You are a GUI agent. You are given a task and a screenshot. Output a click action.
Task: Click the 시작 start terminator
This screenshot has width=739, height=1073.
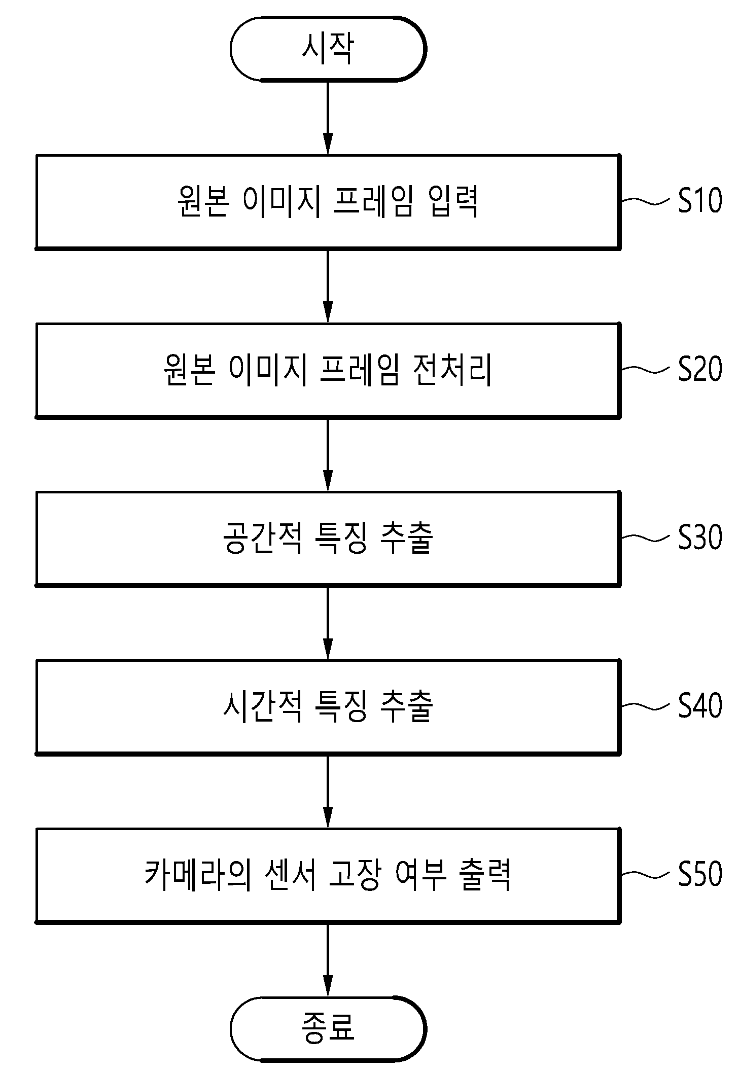tap(328, 49)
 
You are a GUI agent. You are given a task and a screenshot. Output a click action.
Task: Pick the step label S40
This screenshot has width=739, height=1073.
tap(700, 705)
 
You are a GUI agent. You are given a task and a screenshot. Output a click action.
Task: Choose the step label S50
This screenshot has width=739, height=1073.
tap(700, 874)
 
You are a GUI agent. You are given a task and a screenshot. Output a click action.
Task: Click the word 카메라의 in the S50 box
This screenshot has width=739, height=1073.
tap(198, 875)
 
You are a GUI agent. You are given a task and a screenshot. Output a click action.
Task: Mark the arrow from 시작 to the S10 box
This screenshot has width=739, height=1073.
tap(328, 117)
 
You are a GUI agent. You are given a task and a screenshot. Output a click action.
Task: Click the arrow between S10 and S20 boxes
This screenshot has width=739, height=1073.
tap(328, 285)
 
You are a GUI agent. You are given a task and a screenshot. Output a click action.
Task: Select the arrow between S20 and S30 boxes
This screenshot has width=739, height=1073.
tap(328, 454)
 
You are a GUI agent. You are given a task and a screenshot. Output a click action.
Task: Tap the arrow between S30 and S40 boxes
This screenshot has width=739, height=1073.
tap(328, 622)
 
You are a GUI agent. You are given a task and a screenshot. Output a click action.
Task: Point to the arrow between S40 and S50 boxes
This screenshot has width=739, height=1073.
tap(328, 791)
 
